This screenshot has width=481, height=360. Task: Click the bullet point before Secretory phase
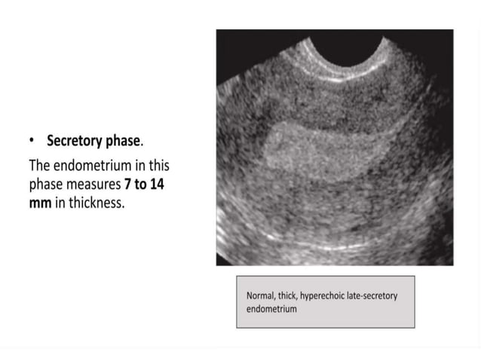point(32,141)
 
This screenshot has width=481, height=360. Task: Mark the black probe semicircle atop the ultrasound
point(354,47)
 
